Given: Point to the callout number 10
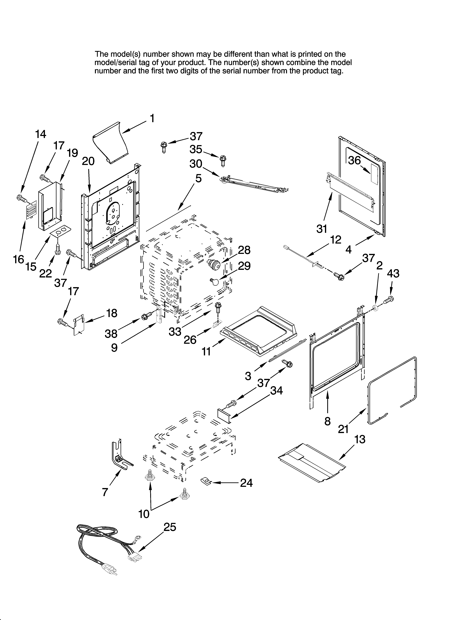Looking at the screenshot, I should [144, 514].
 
